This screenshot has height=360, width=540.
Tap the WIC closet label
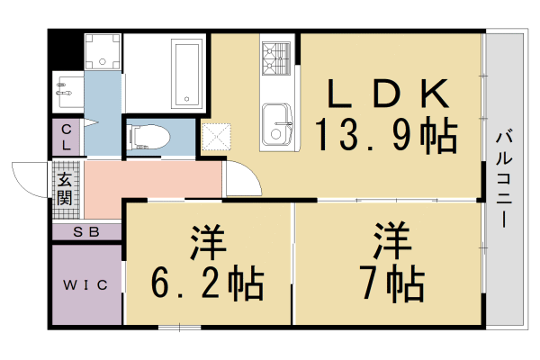coord(85,285)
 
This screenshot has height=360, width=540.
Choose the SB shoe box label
coord(85,232)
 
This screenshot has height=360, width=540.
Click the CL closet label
coord(67,138)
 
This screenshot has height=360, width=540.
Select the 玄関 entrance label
coord(66,189)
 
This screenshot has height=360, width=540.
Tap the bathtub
coord(186,72)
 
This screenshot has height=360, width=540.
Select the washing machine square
coord(102,52)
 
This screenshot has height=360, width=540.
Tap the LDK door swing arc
coord(239,175)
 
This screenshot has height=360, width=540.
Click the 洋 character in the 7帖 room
coord(393,239)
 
